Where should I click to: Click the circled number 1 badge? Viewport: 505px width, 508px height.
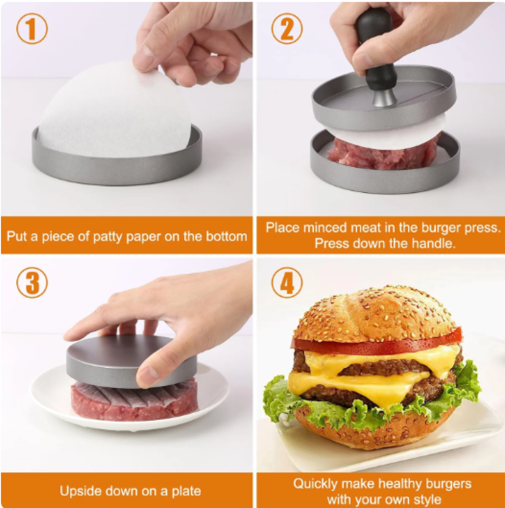click(32, 28)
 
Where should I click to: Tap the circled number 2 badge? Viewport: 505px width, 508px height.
click(287, 28)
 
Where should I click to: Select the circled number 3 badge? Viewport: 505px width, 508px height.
click(32, 282)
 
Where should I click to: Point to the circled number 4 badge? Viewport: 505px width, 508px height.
click(287, 282)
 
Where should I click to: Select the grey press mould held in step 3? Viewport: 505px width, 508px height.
click(131, 361)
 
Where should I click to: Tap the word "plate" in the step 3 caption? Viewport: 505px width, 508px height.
click(186, 491)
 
